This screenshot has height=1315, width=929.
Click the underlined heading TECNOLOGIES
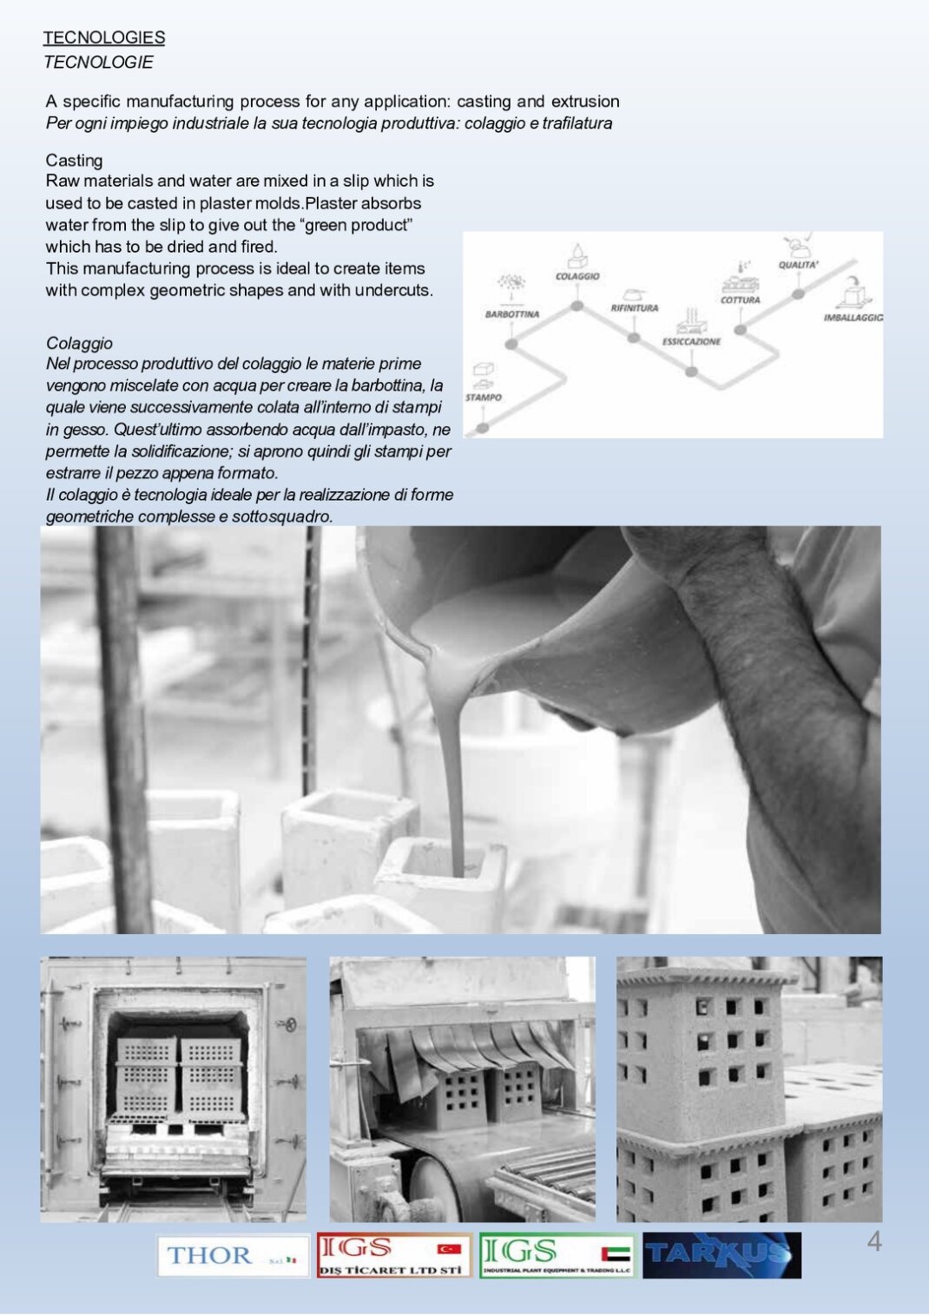coord(104,37)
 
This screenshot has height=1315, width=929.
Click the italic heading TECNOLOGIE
coord(98,62)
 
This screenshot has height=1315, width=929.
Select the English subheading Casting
coord(74,161)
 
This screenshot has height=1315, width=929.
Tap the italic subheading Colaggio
coord(79,343)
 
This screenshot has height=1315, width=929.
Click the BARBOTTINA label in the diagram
coord(512,314)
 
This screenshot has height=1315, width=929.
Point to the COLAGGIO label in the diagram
coord(577,276)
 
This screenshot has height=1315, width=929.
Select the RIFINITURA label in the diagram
coord(635,308)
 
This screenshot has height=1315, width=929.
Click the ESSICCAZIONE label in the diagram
coord(691,342)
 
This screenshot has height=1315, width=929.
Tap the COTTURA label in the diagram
coord(740,300)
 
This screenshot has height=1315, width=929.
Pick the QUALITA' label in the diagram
coord(798,265)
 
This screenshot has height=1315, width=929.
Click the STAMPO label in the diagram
coord(484,398)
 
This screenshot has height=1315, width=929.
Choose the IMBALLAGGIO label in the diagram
coord(853,318)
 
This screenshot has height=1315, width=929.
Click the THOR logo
coord(233,1255)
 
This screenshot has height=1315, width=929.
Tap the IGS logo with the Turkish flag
coord(393,1255)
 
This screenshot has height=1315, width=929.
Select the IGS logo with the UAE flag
coord(557,1255)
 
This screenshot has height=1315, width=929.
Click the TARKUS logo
coord(721,1255)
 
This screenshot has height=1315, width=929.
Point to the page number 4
coord(874,1242)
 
